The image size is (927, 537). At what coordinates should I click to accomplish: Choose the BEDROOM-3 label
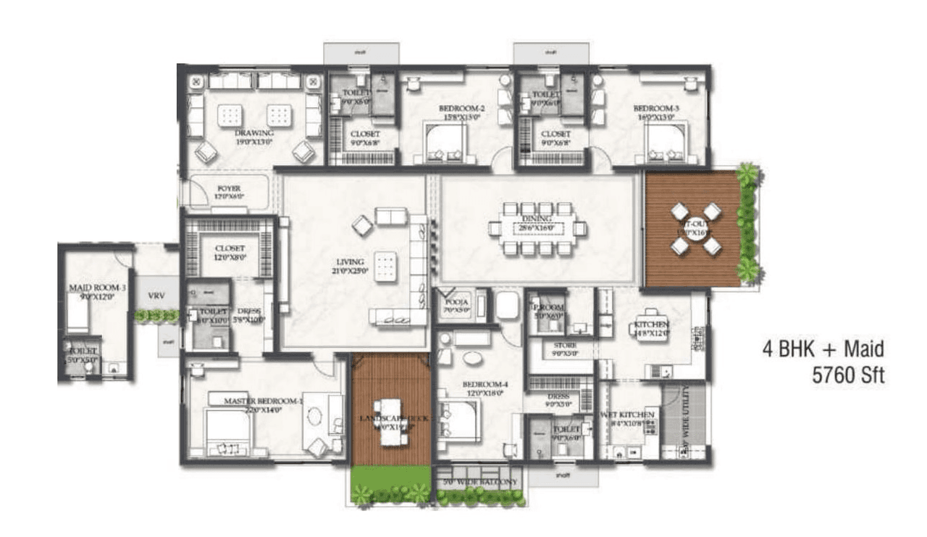click(655, 109)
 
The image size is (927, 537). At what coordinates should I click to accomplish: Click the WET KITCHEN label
click(627, 415)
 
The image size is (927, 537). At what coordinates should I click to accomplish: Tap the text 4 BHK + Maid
click(823, 349)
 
